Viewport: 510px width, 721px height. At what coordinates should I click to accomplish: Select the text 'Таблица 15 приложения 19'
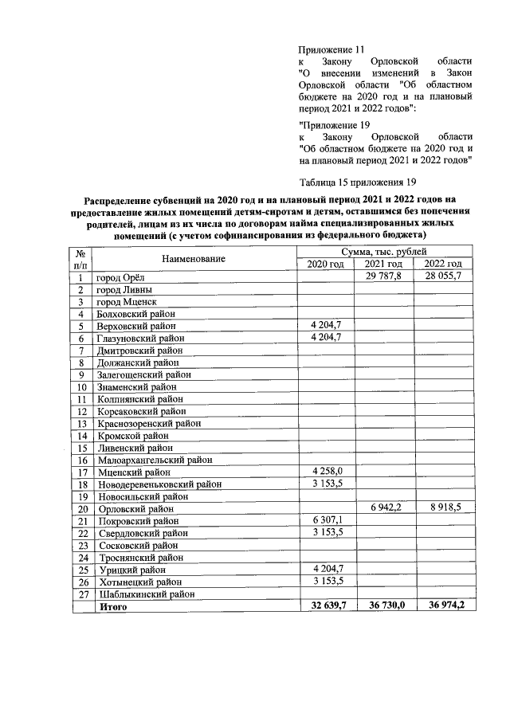pos(358,181)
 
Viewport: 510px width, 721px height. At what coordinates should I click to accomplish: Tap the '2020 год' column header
pos(325,264)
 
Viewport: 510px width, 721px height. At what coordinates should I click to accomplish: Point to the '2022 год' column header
pos(442,264)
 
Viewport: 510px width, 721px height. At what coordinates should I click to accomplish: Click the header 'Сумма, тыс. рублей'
pos(383,253)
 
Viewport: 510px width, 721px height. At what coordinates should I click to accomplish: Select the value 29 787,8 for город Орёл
pos(383,276)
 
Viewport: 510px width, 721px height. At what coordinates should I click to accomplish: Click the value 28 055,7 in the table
pos(442,276)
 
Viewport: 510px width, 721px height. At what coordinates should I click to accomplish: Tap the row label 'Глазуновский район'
pos(140,339)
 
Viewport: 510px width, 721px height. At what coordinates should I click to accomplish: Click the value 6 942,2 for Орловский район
pos(383,507)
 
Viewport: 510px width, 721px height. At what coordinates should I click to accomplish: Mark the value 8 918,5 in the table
pos(442,507)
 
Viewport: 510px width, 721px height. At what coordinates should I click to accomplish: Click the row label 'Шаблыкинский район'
pos(146,594)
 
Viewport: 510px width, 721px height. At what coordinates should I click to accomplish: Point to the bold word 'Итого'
pos(112,606)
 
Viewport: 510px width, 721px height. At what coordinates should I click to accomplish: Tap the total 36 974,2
pos(442,606)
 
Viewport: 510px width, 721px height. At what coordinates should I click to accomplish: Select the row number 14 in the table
pos(81,436)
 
